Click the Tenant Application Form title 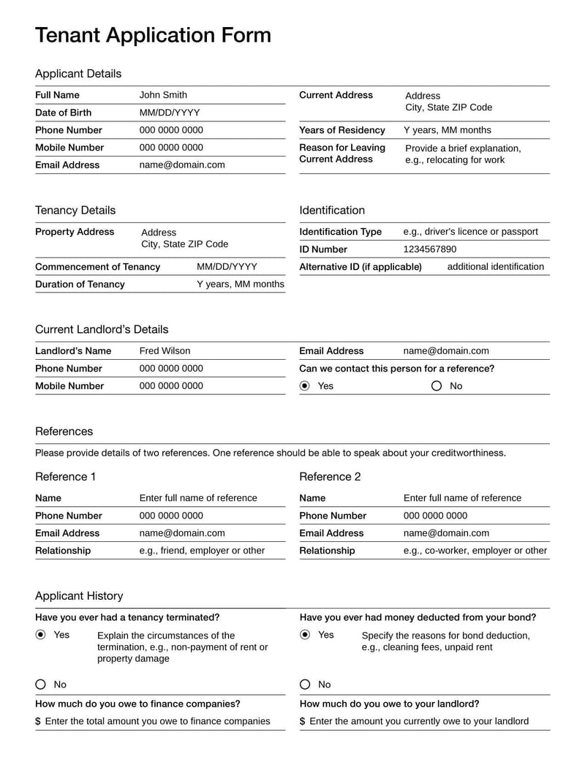[153, 35]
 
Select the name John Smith [163, 95]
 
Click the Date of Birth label [64, 113]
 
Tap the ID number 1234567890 [430, 249]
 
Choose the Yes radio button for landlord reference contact [305, 386]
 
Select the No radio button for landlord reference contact [437, 386]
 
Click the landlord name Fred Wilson [165, 351]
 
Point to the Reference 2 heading [330, 477]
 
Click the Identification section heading [332, 211]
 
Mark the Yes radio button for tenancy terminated [41, 635]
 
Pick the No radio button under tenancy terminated [41, 685]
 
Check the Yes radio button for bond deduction [305, 635]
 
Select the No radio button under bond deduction [305, 685]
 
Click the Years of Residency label [342, 130]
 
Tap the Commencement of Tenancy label [97, 267]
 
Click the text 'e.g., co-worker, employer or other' [475, 551]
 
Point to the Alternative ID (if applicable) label [361, 267]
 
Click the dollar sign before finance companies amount [38, 722]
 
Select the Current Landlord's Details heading [102, 330]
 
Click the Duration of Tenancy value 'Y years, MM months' [241, 285]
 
